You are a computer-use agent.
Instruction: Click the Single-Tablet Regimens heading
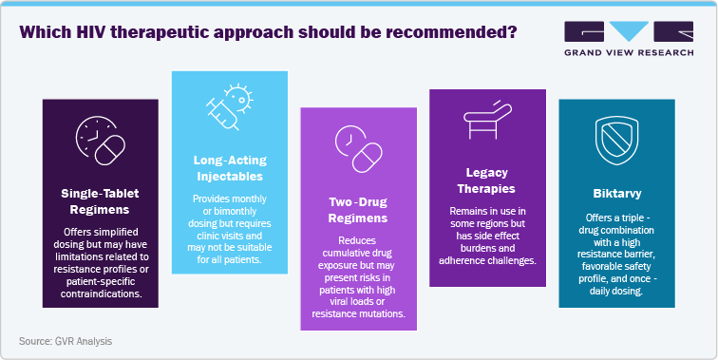[x=99, y=200]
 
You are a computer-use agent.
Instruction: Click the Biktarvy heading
[x=614, y=192]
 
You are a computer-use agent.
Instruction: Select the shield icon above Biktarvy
[x=614, y=142]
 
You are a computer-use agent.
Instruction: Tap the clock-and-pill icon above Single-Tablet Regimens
[x=99, y=142]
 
